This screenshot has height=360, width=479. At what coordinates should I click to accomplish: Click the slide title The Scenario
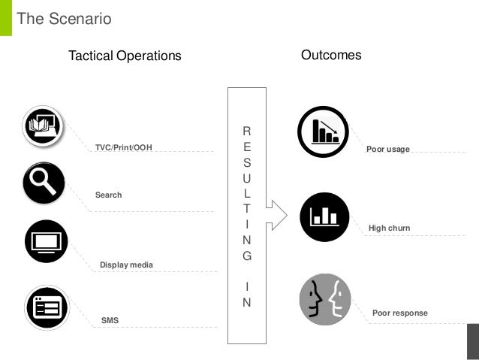point(64,19)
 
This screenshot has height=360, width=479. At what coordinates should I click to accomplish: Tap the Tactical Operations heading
point(125,56)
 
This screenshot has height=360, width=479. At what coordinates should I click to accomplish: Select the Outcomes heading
point(331,55)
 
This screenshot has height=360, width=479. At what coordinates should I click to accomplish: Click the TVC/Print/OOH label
point(123,147)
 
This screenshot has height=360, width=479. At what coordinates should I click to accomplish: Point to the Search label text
point(108,195)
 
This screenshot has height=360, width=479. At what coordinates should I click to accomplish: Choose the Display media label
point(126,265)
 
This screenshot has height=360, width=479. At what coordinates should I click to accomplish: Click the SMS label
point(110,320)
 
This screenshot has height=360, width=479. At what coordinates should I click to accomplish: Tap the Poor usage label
point(387,149)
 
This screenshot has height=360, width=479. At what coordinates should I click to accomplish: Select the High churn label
point(389,228)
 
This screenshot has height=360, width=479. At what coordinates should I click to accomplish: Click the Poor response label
point(399,313)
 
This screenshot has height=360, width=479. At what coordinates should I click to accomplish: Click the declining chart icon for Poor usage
point(323,132)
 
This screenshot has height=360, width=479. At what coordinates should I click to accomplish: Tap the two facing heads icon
point(325,299)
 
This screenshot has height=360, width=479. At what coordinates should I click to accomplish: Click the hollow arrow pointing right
point(276,214)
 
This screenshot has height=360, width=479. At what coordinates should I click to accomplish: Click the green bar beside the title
point(5,17)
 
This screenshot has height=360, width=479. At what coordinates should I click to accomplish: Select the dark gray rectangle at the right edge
point(472,343)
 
